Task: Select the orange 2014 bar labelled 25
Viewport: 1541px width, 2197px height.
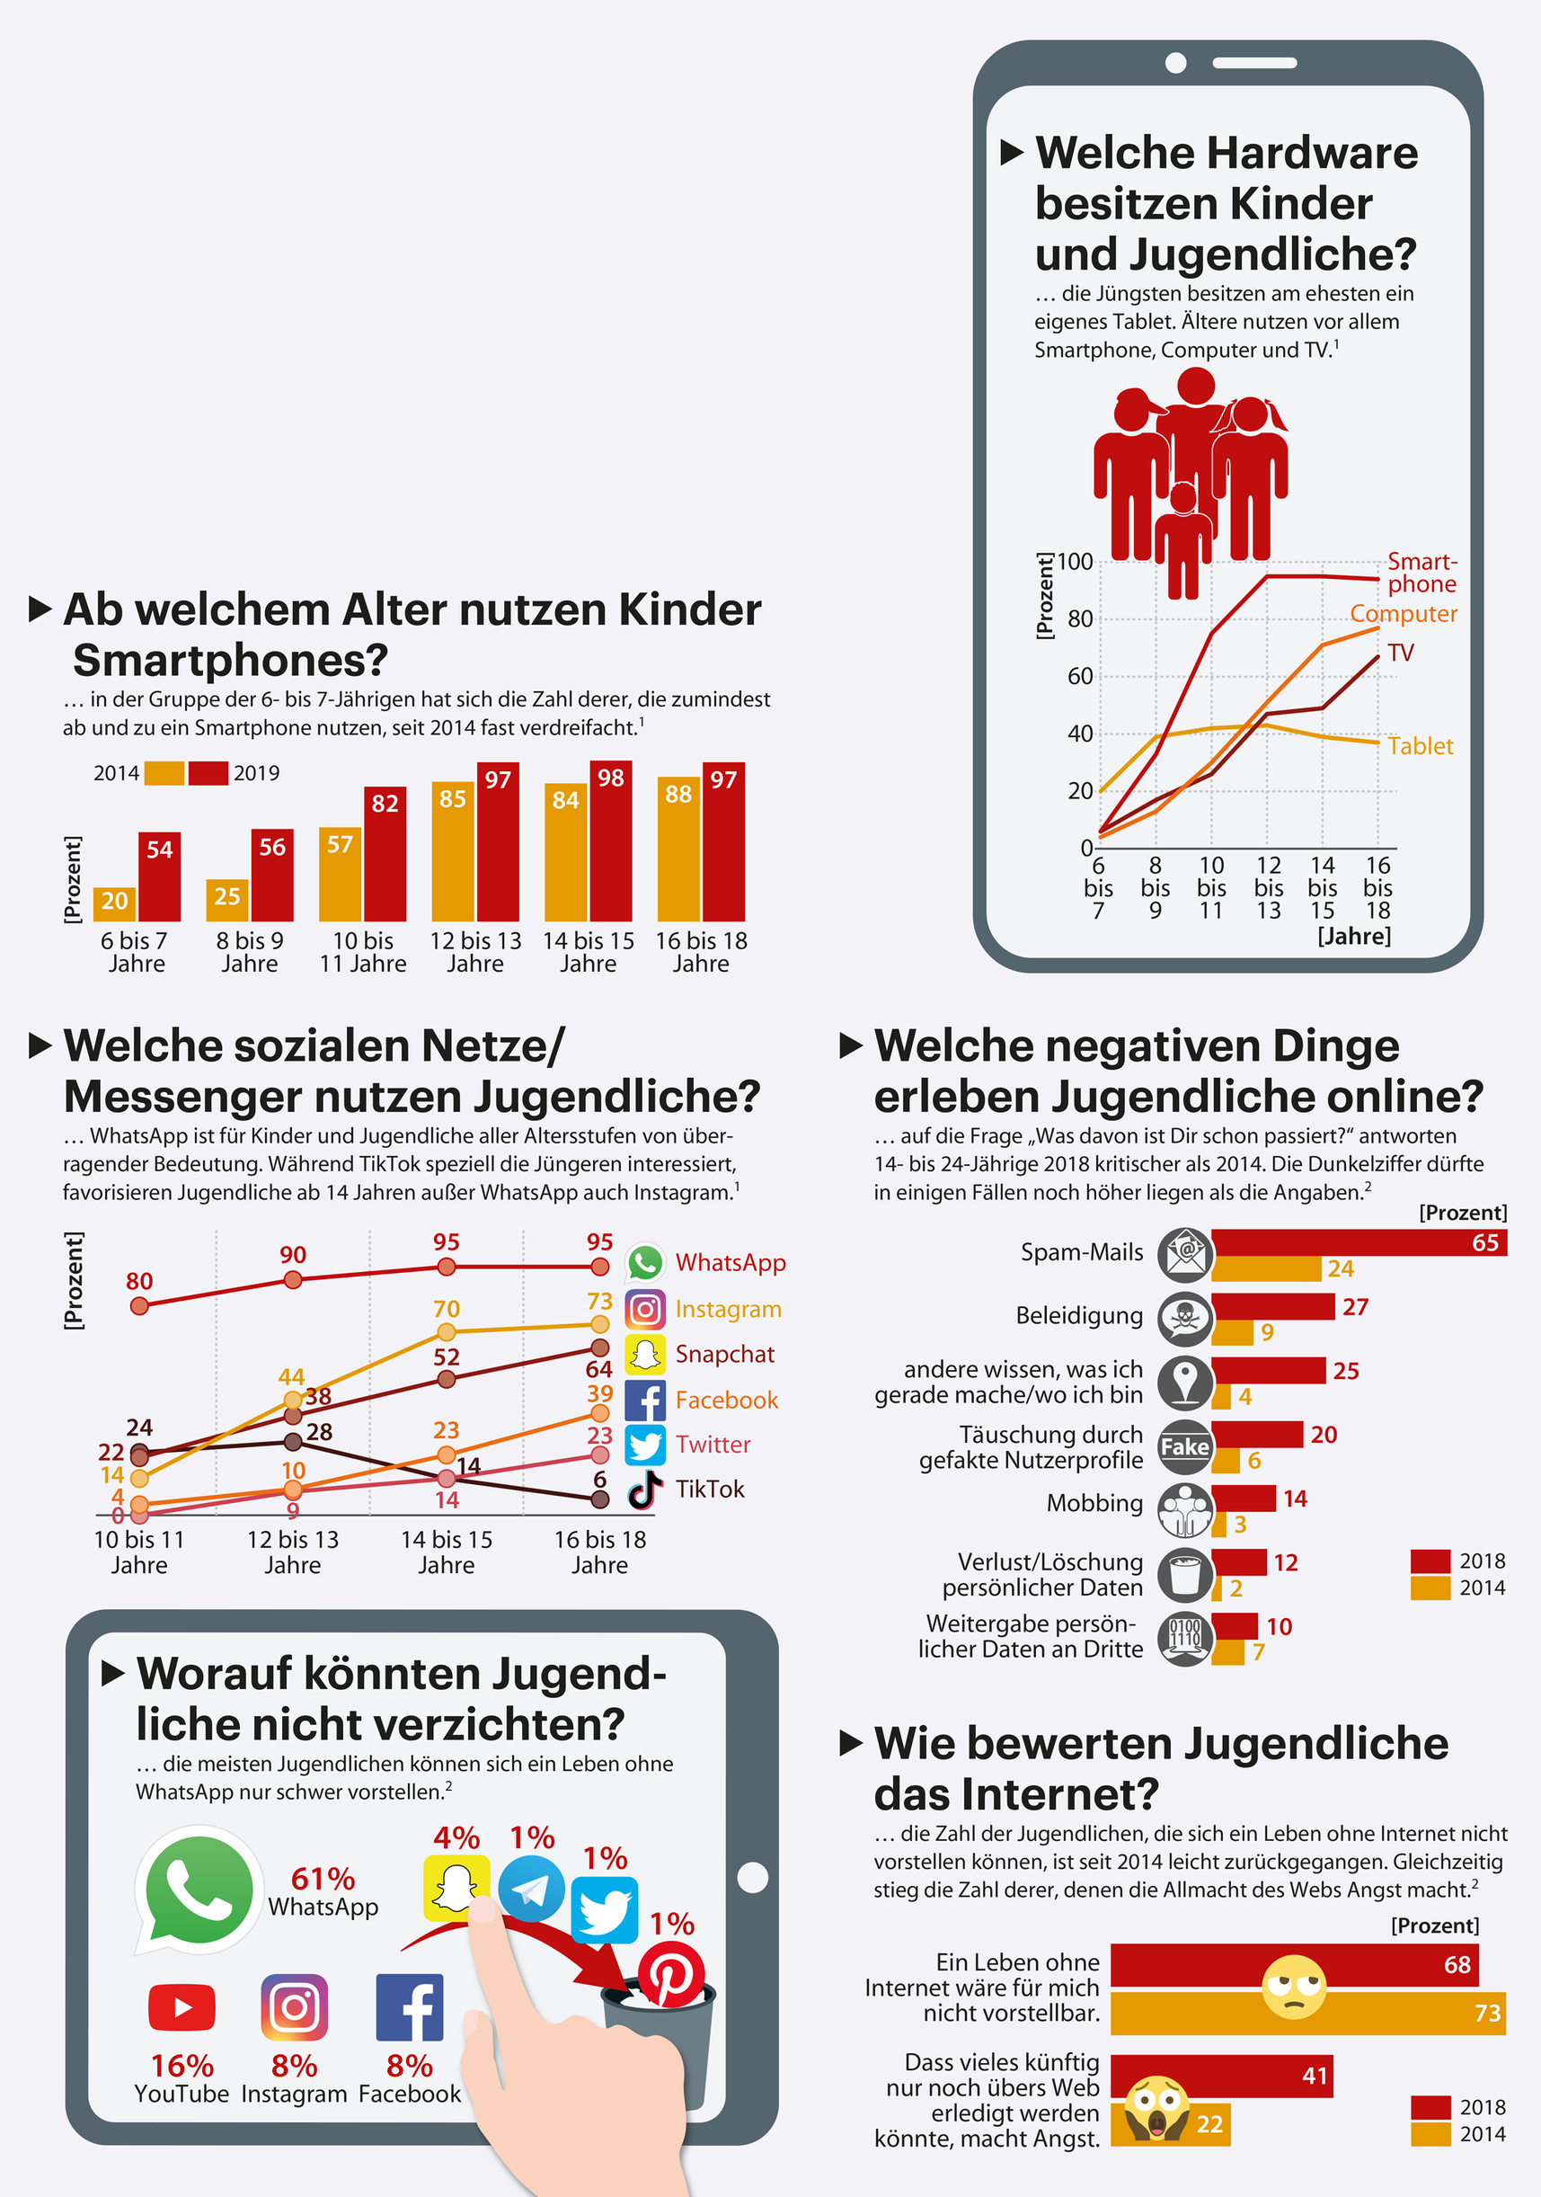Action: coord(226,900)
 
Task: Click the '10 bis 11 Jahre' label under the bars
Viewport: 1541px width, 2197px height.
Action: coord(362,952)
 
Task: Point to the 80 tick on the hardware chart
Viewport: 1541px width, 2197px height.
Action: coord(1080,619)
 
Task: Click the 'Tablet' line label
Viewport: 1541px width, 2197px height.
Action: coord(1420,746)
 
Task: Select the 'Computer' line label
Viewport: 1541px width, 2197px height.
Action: coord(1403,613)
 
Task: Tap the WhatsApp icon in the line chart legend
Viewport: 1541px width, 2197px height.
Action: coord(646,1263)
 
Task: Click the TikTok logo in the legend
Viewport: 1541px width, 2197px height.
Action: coord(646,1489)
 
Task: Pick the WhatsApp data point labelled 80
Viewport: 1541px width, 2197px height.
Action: coord(139,1305)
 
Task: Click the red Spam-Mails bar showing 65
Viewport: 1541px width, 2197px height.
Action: coord(1359,1243)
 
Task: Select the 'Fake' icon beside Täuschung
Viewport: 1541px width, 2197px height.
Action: coord(1185,1446)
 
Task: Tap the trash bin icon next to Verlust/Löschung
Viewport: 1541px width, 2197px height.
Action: coord(1185,1574)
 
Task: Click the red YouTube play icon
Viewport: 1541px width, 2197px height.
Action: coord(182,2006)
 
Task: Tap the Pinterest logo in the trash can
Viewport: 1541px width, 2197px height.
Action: coord(670,1974)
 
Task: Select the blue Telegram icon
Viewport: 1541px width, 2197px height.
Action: coord(531,1889)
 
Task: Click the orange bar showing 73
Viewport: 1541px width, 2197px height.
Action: coord(1306,2014)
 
